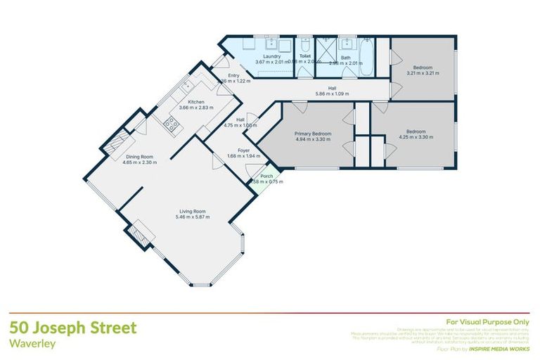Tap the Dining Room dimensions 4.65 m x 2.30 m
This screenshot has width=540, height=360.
(x=139, y=162)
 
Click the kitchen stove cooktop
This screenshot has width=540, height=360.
(x=171, y=124)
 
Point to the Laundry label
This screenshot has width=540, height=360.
(x=271, y=56)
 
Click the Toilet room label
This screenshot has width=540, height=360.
(x=304, y=56)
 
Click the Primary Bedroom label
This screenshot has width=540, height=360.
(x=312, y=133)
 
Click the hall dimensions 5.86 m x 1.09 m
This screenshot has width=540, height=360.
(x=331, y=94)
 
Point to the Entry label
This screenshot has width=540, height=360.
(x=234, y=76)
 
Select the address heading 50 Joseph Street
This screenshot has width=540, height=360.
(x=73, y=328)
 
